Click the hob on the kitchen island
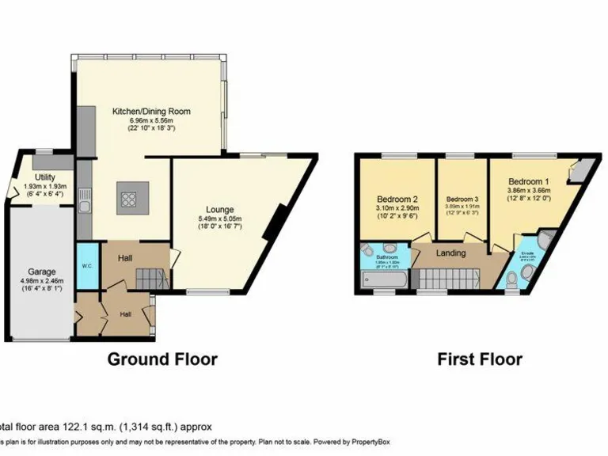click(127, 199)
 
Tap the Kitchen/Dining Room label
click(150, 112)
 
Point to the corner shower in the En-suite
click(545, 241)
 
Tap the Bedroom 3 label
click(462, 199)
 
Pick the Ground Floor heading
click(162, 359)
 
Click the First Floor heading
click(480, 359)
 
